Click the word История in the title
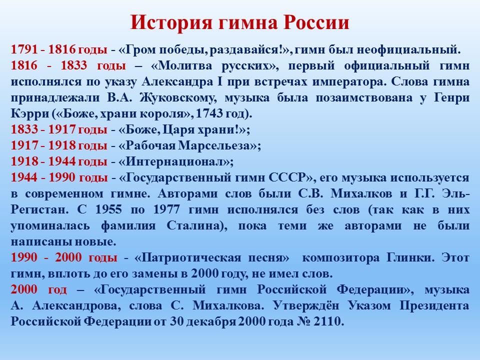pyautogui.click(x=171, y=22)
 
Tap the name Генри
pyautogui.click(x=451, y=97)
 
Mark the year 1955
pyautogui.click(x=108, y=209)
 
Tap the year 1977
pyautogui.click(x=166, y=209)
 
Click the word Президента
pyautogui.click(x=434, y=305)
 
